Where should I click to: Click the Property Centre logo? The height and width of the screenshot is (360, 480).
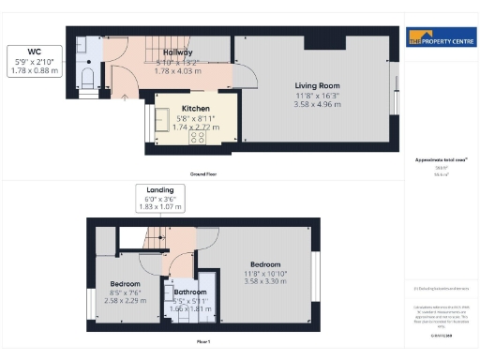[x=439, y=38]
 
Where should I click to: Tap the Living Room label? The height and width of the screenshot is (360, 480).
[x=309, y=83]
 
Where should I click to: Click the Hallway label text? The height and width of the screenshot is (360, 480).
[x=178, y=53]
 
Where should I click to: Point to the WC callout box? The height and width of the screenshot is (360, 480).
[x=33, y=61]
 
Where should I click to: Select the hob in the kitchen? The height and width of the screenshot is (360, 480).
[x=199, y=137]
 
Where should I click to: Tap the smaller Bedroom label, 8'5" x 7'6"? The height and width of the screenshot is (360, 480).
[x=125, y=283]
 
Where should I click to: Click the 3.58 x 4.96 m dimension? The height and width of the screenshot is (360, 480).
[x=309, y=104]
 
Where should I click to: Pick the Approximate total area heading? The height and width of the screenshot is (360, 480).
[x=435, y=160]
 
